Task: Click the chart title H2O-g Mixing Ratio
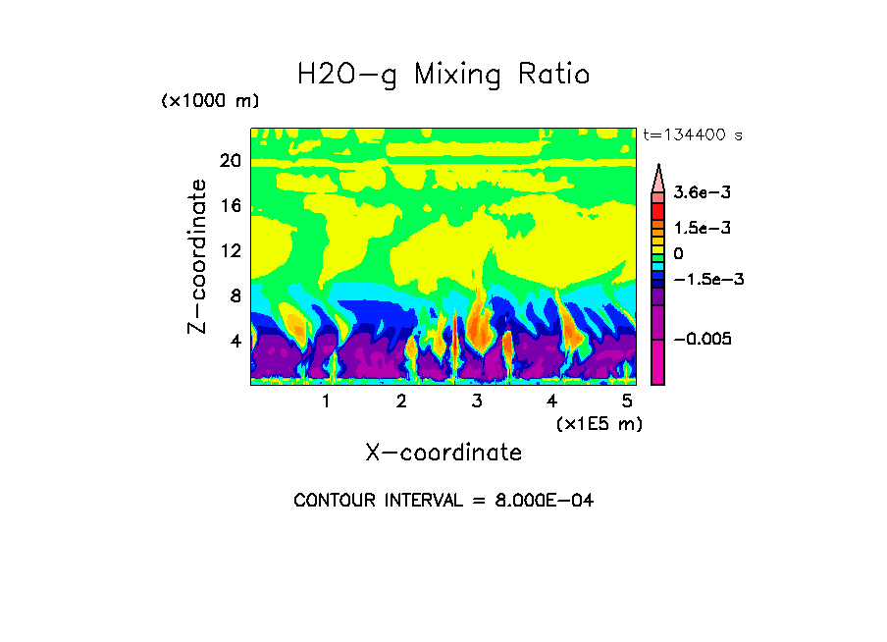point(443,75)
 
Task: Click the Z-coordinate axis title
point(198,256)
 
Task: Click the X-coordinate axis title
point(443,453)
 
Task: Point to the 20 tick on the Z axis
point(230,161)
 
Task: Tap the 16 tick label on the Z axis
point(230,206)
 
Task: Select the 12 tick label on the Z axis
point(230,250)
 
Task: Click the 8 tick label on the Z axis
point(235,295)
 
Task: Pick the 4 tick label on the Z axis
point(235,341)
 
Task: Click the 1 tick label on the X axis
point(326,401)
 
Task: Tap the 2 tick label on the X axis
point(401,401)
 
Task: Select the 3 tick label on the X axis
point(477,401)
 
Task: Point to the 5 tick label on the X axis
point(627,401)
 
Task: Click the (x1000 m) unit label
point(209,102)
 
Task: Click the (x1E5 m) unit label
point(599,423)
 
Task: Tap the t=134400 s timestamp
point(692,135)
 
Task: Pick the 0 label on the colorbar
point(678,254)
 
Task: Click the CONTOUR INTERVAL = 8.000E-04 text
point(443,501)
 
